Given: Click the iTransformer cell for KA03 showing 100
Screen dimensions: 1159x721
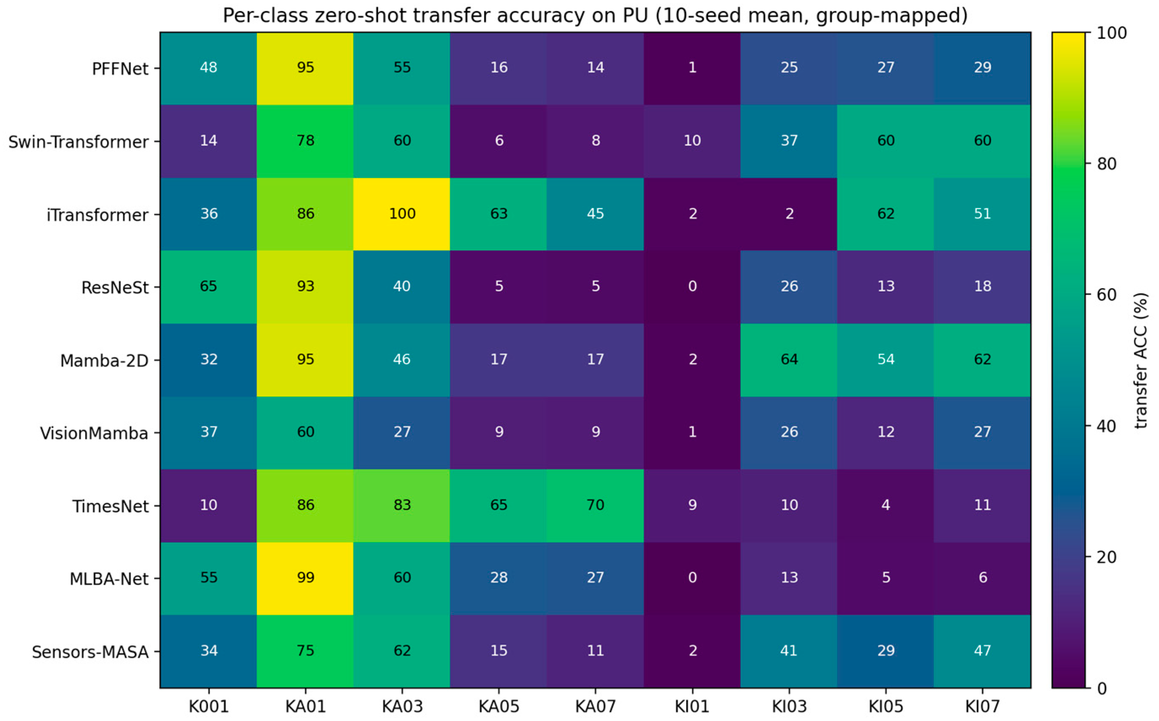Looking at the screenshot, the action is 401,214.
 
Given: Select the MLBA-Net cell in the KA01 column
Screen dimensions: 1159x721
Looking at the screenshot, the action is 305,578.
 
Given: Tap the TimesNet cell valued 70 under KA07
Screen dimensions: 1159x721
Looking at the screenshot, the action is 595,506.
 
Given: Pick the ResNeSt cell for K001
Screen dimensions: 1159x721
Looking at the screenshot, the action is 208,287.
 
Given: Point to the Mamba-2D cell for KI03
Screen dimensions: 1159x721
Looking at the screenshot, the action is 789,360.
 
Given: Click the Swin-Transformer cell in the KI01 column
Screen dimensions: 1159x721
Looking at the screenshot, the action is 692,141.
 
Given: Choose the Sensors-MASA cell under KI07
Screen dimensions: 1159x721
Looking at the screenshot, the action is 982,651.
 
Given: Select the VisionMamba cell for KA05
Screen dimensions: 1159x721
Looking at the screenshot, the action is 498,433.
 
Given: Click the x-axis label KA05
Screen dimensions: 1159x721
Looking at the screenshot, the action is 498,706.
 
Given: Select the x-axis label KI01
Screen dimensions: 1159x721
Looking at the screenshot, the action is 692,706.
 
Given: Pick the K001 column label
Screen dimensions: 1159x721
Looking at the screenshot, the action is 208,706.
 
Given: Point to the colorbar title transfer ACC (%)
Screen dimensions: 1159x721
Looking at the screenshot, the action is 1141,360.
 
